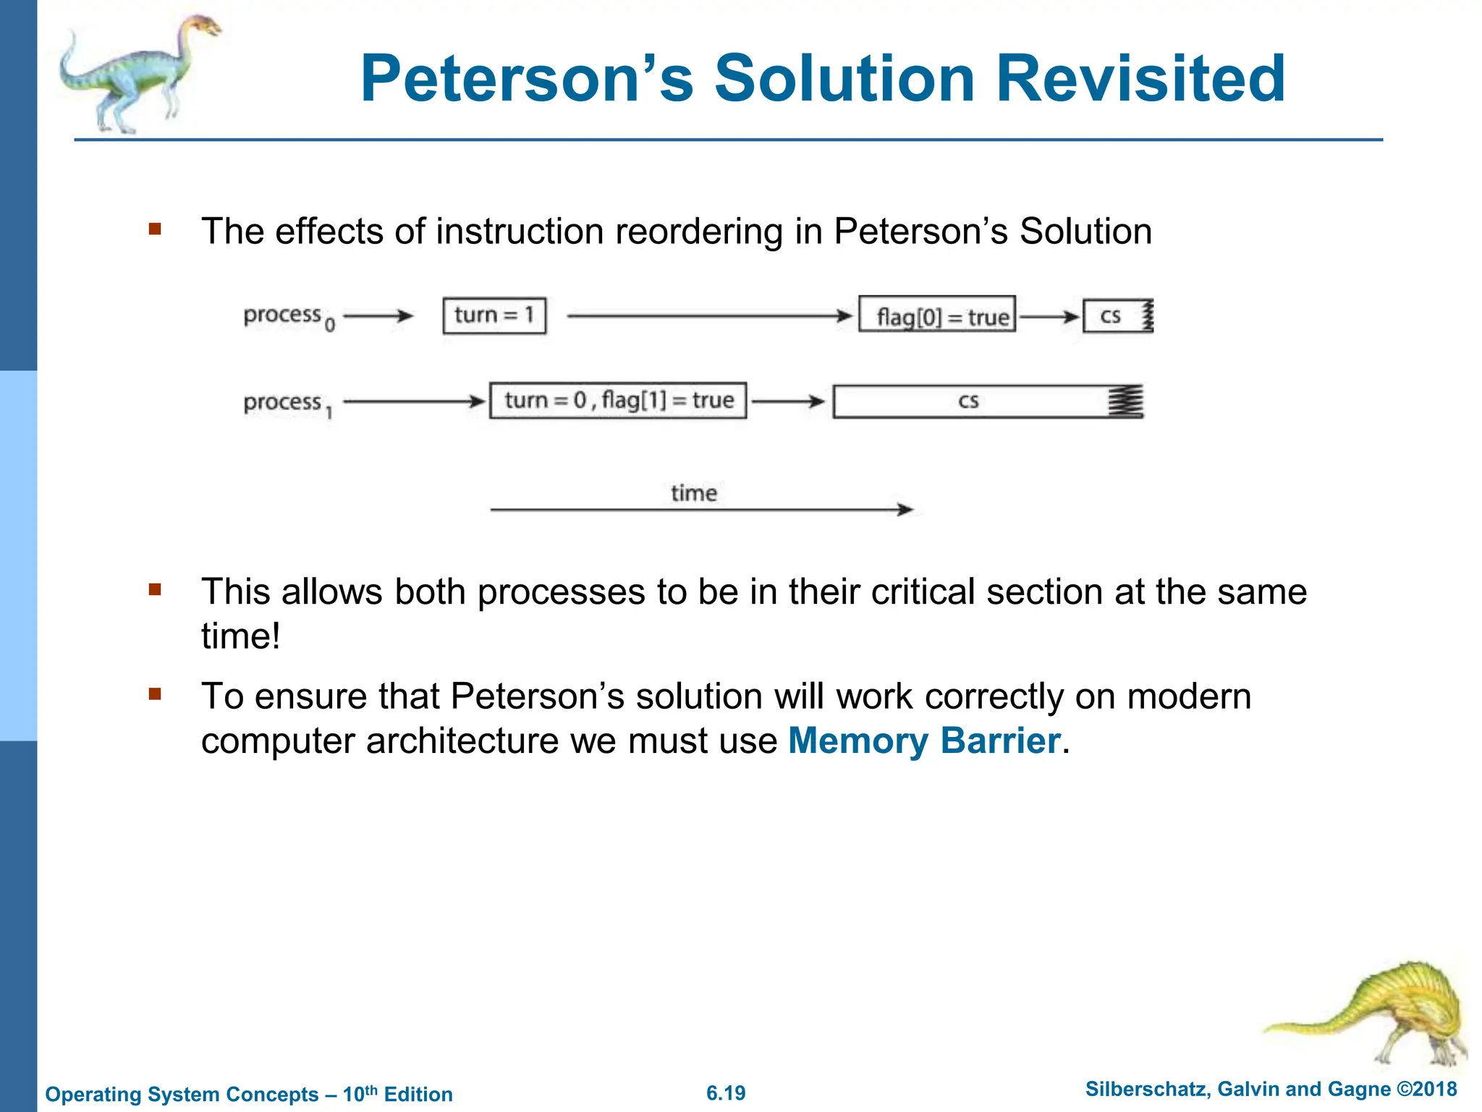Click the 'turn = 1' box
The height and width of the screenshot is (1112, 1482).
(494, 316)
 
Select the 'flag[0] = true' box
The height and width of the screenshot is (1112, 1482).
(937, 315)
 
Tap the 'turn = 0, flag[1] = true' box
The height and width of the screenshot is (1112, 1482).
(618, 400)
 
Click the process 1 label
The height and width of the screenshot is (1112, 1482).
(287, 403)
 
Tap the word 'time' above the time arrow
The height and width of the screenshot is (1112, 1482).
(693, 493)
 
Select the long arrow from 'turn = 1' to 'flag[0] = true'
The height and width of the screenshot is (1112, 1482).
(709, 316)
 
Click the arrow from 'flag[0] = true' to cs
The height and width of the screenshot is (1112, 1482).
(1049, 316)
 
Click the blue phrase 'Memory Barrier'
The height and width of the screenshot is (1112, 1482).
(924, 741)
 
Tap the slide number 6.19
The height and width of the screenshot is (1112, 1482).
(726, 1093)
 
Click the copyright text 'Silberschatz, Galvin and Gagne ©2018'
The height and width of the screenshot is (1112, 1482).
(1271, 1089)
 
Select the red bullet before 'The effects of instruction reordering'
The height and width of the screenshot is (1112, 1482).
(155, 229)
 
